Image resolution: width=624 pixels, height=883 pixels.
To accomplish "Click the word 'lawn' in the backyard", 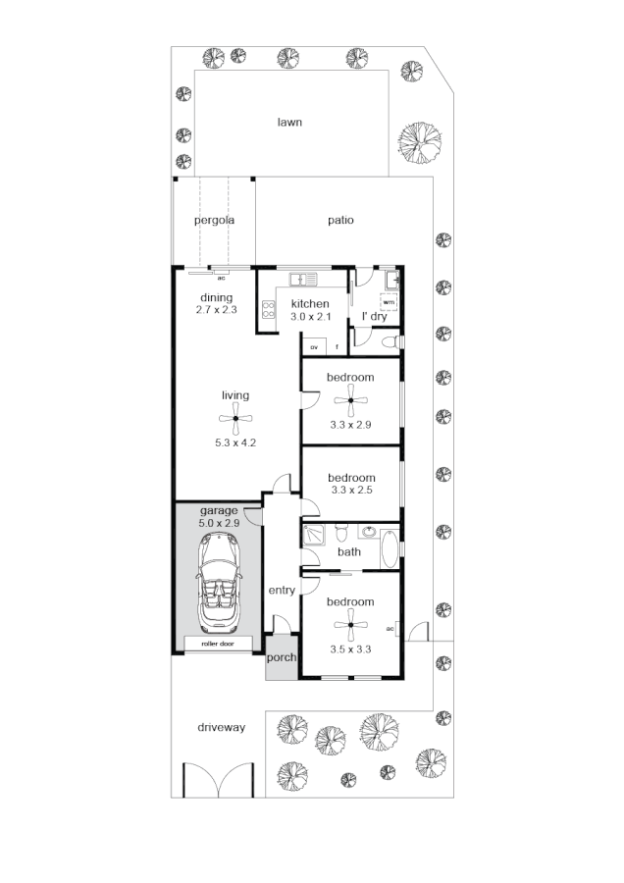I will [288, 123].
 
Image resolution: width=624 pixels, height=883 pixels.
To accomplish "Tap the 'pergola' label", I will [214, 220].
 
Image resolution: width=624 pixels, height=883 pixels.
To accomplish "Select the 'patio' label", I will [340, 220].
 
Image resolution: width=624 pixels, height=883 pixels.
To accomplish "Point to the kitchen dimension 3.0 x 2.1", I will [311, 317].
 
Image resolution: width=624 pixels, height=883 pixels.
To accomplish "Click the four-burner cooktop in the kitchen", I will [267, 311].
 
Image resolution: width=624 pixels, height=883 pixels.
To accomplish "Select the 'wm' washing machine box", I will [389, 302].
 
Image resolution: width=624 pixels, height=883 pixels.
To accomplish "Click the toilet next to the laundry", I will [390, 341].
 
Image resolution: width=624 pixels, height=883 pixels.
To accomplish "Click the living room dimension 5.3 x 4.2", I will [235, 443].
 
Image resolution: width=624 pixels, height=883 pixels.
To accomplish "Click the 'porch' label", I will [282, 658].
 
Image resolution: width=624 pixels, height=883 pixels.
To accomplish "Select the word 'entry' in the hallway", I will [282, 591].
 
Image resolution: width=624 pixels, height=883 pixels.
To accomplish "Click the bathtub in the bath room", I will [389, 549].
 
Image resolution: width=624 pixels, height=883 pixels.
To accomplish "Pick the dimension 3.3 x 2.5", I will [351, 490].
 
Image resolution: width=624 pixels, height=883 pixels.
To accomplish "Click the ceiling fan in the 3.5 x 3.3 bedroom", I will [350, 623].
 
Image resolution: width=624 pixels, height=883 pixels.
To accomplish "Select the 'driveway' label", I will [220, 728].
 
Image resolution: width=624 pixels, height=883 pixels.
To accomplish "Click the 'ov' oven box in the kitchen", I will [315, 347].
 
